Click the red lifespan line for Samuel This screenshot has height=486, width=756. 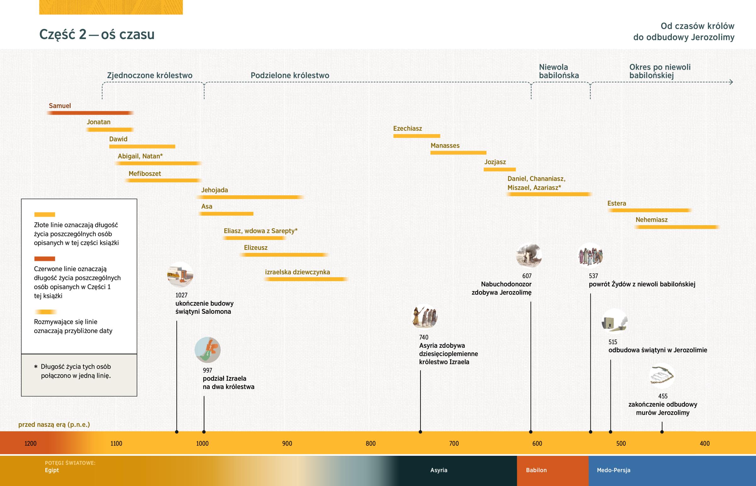pos(90,113)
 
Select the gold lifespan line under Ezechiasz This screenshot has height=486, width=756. pos(416,136)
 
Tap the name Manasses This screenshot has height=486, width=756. pos(445,146)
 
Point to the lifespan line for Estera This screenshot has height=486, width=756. pos(649,210)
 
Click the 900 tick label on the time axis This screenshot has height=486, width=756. pos(287,443)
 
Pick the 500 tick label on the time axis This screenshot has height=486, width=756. pos(621,443)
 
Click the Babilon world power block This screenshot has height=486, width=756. pos(553,470)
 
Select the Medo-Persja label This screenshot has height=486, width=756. pos(613,470)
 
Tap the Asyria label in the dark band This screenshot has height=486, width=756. pos(438,470)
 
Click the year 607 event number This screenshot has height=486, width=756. pos(527,276)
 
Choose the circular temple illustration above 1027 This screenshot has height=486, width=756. pos(180,275)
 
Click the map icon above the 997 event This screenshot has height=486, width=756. pos(208,350)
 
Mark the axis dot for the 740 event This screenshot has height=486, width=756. pos(420,432)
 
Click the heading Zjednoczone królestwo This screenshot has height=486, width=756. pos(150,75)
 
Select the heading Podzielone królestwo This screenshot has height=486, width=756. pos(290,75)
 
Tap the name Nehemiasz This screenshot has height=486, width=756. pos(651,220)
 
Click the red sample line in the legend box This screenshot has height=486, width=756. pos(44,259)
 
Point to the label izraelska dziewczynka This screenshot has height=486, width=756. pos(297,272)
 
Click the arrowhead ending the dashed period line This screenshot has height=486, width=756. pos(731,83)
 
